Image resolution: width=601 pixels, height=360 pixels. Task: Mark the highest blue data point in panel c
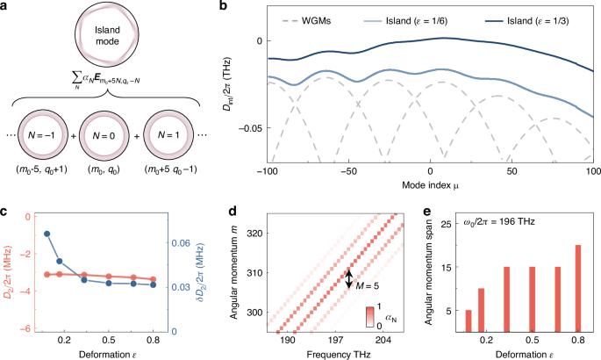click(47, 234)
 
